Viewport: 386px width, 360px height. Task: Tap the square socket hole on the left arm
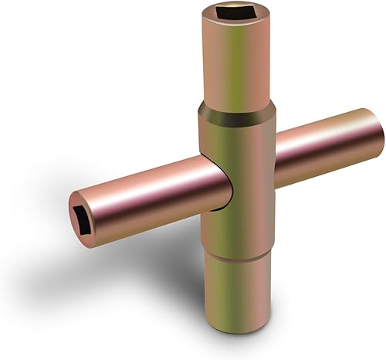(83, 211)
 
